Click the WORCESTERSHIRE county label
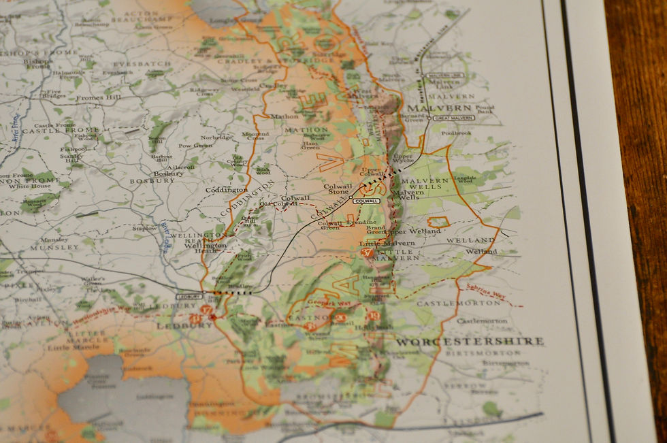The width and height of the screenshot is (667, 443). click(470, 341)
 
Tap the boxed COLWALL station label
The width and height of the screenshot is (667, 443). click(366, 201)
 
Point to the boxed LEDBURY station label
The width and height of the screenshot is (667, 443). click(189, 297)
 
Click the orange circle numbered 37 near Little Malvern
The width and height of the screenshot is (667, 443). click(368, 252)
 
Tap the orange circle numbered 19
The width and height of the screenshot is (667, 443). click(373, 315)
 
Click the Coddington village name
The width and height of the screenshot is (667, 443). click(227, 190)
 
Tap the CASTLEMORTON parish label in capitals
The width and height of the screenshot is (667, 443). click(453, 302)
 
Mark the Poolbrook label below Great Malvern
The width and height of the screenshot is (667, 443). click(456, 133)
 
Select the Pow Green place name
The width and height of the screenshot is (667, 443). click(195, 145)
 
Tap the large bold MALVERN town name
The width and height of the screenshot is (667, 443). click(438, 108)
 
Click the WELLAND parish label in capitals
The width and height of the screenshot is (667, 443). click(471, 240)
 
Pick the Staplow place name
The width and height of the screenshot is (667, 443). click(145, 229)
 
